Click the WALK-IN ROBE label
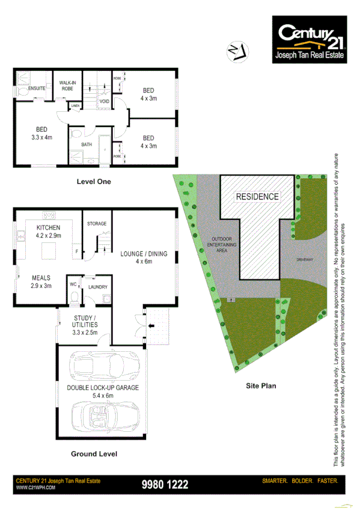pos(67,86)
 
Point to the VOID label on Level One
pos(104,101)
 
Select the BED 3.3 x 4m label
pos(41,133)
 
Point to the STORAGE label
pos(96,224)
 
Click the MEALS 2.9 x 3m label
pos(41,282)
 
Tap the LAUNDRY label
pos(97,287)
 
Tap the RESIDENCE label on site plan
pos(257,197)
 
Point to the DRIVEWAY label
pos(305,260)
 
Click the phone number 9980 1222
pos(165,484)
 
